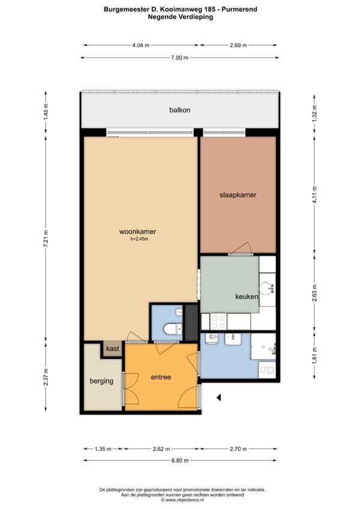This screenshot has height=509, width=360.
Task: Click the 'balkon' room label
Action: pos(179,110)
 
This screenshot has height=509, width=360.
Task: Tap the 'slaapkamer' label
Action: pos(238,195)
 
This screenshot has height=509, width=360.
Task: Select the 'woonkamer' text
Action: pos(137,232)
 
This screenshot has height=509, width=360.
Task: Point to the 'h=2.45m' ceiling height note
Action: pos(139,239)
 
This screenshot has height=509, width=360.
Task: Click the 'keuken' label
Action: pos(247,297)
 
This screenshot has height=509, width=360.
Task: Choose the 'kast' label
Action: pos(113,349)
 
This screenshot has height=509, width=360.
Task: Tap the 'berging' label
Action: pos(101,381)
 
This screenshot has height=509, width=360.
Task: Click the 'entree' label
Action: pos(161,377)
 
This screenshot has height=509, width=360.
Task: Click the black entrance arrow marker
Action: pos(219,397)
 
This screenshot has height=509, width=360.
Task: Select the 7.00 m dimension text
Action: pos(179,58)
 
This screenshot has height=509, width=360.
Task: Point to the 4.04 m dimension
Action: pos(140,46)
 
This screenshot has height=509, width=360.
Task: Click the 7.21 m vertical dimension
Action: pos(46,239)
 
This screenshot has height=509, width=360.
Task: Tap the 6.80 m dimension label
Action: pos(180,460)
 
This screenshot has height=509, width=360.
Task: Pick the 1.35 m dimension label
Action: pos(103,449)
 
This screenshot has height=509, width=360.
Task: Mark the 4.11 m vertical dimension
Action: pos(314,194)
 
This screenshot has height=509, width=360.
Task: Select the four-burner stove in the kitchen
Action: pos(218,321)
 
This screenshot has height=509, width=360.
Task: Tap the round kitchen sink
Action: pos(268,288)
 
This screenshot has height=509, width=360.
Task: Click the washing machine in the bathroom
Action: pos(267,370)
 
